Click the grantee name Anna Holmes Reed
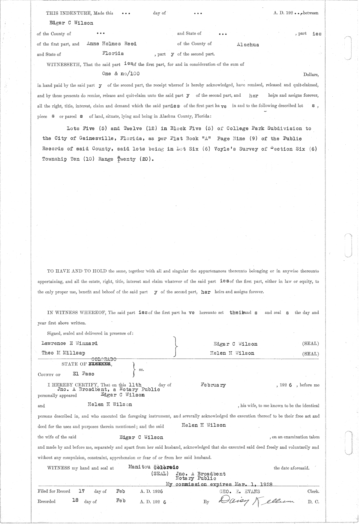click(111, 44)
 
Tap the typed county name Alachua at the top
click(247, 45)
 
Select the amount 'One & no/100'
click(121, 74)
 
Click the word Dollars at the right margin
click(311, 74)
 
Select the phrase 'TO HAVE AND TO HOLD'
click(77, 271)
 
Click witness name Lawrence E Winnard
click(70, 343)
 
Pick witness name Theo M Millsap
click(63, 353)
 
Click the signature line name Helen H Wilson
click(232, 353)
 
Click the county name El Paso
click(83, 374)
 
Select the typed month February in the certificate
click(213, 385)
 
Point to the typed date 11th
click(135, 384)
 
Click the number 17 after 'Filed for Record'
click(81, 492)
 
